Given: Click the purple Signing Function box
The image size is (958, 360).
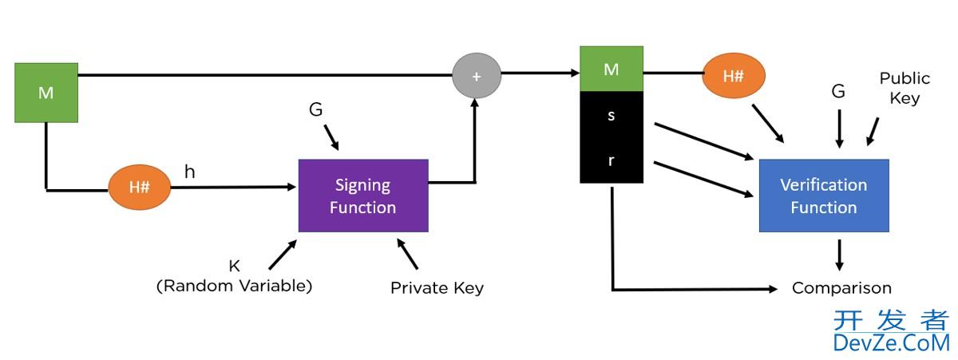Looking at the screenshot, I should pyautogui.click(x=363, y=196).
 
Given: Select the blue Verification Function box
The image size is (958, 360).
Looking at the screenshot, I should pyautogui.click(x=823, y=196).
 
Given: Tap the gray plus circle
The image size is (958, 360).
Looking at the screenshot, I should pyautogui.click(x=477, y=76).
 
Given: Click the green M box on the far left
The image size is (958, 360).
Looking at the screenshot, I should pyautogui.click(x=46, y=93).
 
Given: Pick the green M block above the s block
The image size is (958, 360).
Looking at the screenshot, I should pyautogui.click(x=612, y=69).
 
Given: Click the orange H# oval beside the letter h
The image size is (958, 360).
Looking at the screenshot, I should pyautogui.click(x=140, y=188).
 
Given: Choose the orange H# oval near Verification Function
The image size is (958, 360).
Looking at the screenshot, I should pyautogui.click(x=733, y=76).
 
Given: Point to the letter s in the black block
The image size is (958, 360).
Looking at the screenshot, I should pyautogui.click(x=612, y=115).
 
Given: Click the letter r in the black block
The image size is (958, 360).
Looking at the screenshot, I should pyautogui.click(x=612, y=160).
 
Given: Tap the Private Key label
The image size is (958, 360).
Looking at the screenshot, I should pyautogui.click(x=437, y=288).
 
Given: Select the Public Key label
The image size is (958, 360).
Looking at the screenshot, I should pyautogui.click(x=905, y=88).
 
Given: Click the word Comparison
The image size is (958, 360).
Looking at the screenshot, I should pyautogui.click(x=841, y=288).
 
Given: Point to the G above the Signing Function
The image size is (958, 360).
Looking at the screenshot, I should pyautogui.click(x=316, y=110).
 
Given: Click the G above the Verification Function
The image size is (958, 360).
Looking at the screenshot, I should pyautogui.click(x=838, y=92).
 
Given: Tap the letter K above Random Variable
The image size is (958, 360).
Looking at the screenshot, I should pyautogui.click(x=235, y=267).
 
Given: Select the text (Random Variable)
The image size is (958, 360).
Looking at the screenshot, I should pyautogui.click(x=235, y=286).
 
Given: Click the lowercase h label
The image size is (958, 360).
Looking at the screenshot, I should pyautogui.click(x=189, y=172).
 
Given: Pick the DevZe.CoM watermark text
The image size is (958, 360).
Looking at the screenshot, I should pyautogui.click(x=891, y=342).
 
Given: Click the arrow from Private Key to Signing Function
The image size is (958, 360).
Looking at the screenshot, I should pyautogui.click(x=407, y=254).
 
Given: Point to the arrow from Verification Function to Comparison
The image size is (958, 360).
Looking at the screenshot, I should pyautogui.click(x=839, y=255).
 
